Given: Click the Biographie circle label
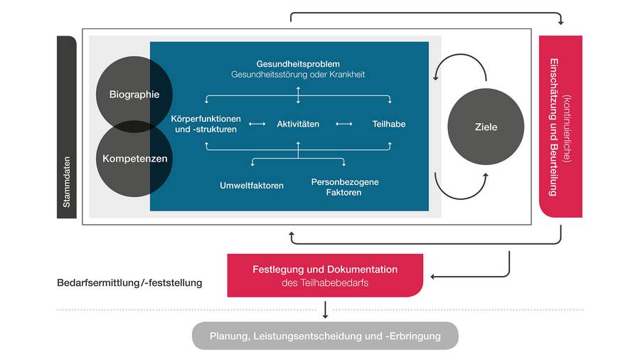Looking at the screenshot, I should pos(134,94).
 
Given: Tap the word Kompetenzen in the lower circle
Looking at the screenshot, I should pos(135,158).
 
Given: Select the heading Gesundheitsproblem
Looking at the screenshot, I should pos(298,64).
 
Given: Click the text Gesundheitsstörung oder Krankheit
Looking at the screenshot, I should pos(298,75).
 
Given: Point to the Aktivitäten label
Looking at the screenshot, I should pos(298,124).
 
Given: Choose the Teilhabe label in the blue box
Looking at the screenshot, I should pos(389,124).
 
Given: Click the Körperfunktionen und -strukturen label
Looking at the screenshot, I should pos(206,124).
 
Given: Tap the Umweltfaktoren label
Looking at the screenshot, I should pos(252,186).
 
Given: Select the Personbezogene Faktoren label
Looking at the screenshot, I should pos(345,187).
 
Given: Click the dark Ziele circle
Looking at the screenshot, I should pos(486,127).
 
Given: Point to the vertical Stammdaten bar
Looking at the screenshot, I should pos(66,127).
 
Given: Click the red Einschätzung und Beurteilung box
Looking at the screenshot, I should pos(560,127).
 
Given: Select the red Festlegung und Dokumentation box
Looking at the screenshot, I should pos(325,275).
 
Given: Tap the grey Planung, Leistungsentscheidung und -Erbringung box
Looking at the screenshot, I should pos(325,336).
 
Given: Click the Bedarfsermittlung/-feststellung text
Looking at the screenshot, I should pos(129,282).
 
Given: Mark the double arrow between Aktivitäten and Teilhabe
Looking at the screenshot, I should pos(344,124).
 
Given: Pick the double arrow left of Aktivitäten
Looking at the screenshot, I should pos(257,124).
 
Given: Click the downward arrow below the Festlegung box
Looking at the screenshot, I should pos(325,309).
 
